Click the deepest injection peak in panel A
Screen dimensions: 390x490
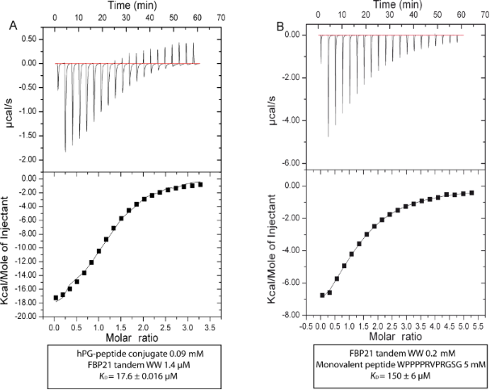tap(65, 150)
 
